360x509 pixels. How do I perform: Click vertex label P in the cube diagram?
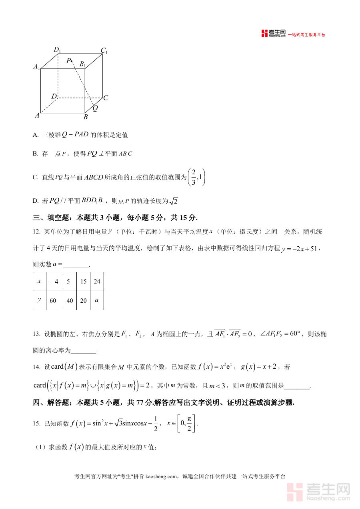point(69,61)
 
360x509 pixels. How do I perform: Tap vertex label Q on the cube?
point(95,108)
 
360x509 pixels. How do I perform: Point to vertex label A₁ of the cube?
point(37,67)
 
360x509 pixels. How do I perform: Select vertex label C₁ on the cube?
point(104,51)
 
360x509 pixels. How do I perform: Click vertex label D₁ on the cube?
point(57,50)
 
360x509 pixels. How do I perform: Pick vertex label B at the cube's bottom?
point(86,117)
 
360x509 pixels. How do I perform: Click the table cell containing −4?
point(54,281)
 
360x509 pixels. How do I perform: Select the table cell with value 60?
point(53,301)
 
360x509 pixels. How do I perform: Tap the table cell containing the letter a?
point(96,300)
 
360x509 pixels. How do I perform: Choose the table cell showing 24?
point(97,281)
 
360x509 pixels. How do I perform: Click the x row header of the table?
point(39,281)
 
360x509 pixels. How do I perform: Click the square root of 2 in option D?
point(173,201)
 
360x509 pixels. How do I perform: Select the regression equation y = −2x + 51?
point(300,249)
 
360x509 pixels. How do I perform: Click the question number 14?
point(36,367)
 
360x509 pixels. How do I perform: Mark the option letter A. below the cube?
point(35,135)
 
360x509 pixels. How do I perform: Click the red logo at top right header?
point(265,34)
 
